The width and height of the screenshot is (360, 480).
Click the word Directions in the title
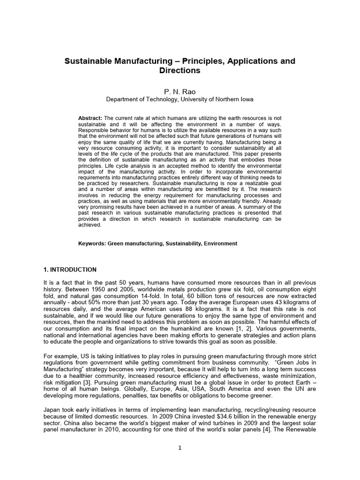click(x=180, y=71)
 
